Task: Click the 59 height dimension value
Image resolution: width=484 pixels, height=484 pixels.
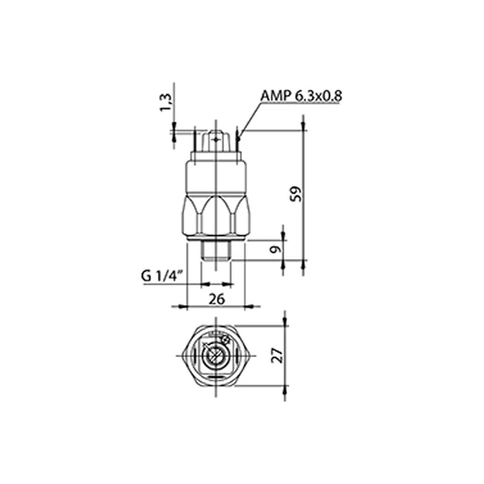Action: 296,194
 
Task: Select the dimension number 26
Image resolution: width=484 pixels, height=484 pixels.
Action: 217,299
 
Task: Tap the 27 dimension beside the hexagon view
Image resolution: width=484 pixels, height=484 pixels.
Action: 277,355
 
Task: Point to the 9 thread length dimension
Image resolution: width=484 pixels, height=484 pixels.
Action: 276,249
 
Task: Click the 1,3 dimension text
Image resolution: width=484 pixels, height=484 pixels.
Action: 165,102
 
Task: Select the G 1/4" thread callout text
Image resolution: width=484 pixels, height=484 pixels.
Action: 162,276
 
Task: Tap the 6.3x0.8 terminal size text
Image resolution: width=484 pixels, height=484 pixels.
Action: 319,96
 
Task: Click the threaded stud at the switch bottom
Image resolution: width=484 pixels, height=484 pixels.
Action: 216,251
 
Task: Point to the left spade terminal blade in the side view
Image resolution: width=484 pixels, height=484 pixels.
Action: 195,139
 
